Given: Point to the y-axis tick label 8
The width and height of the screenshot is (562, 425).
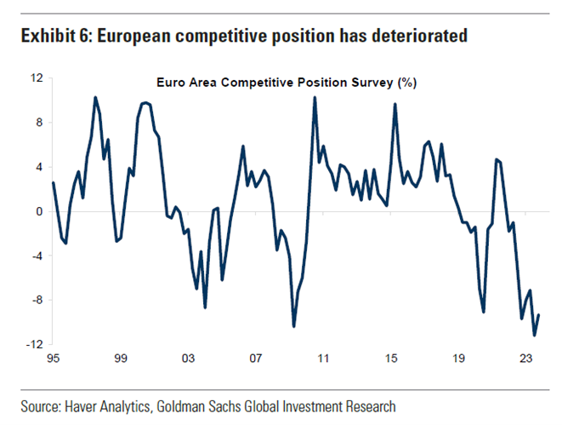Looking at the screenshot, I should (38, 123).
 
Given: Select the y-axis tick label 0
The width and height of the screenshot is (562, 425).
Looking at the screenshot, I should (38, 211).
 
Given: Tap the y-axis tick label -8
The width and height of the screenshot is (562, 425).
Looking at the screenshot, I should (37, 300).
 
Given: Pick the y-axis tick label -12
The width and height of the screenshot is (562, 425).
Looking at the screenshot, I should (34, 344).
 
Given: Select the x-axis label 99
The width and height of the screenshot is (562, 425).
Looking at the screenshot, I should (120, 359).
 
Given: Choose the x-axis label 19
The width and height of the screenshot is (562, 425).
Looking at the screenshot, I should (458, 359).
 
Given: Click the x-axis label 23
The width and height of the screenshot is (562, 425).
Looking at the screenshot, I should (525, 359).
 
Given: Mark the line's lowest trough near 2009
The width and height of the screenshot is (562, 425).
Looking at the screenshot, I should (294, 325).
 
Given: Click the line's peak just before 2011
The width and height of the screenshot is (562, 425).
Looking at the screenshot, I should (315, 97).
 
